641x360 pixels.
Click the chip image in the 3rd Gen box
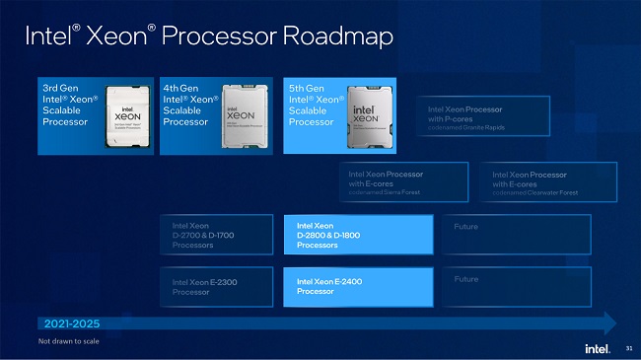pyautogui.click(x=126, y=115)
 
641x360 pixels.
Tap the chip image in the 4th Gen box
pyautogui.click(x=247, y=115)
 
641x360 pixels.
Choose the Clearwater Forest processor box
pyautogui.click(x=553, y=181)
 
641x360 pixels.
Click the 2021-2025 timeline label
pyautogui.click(x=71, y=323)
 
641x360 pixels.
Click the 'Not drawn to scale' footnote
pyautogui.click(x=68, y=341)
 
